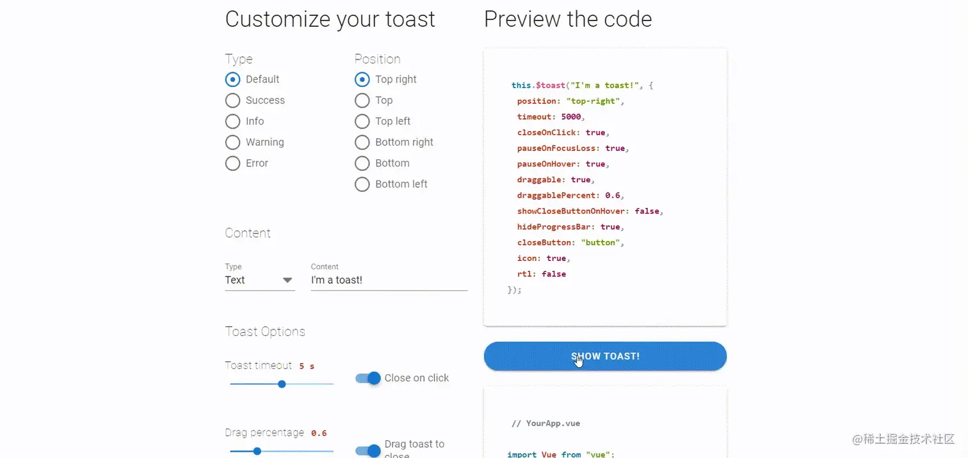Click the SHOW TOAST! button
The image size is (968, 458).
click(x=605, y=356)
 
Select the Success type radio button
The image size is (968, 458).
click(x=232, y=100)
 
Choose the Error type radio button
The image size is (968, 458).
click(x=232, y=163)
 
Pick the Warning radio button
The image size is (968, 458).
click(x=232, y=142)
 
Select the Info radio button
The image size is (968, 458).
click(x=232, y=122)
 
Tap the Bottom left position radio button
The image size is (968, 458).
click(x=362, y=184)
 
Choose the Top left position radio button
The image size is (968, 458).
click(x=362, y=122)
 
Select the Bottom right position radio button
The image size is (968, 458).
click(x=362, y=142)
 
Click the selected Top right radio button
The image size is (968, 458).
click(x=362, y=79)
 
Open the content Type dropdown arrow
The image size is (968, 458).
click(x=287, y=280)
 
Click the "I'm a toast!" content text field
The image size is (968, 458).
click(x=389, y=280)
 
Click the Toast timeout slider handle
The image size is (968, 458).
click(x=282, y=384)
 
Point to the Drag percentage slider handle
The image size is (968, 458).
click(x=257, y=451)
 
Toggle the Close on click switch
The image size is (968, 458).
click(x=368, y=378)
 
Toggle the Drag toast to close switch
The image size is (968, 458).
click(x=368, y=450)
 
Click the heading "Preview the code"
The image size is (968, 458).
click(x=568, y=19)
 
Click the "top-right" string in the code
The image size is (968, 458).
click(x=593, y=101)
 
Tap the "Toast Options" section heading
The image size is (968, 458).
click(x=265, y=331)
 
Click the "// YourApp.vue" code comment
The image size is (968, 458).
click(x=545, y=423)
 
